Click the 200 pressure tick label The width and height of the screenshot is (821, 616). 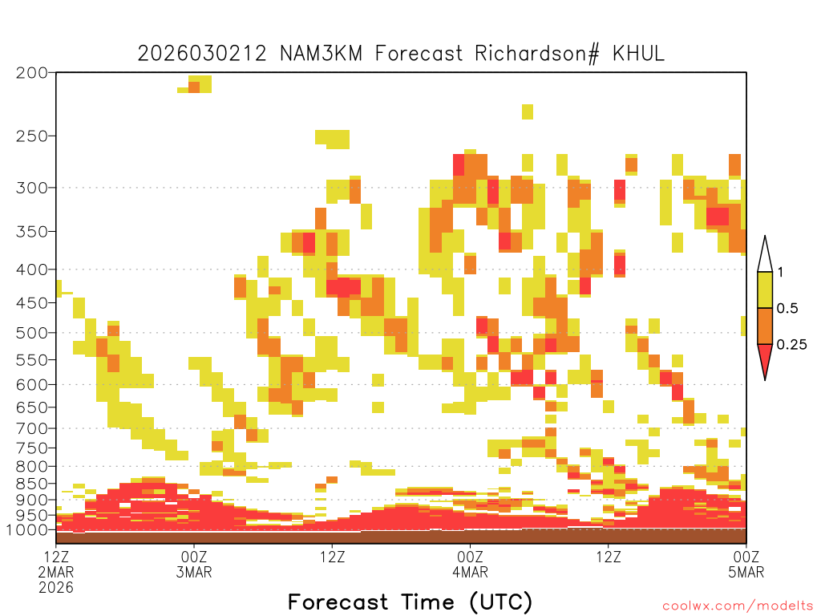(31, 72)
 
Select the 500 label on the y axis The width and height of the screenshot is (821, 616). (31, 333)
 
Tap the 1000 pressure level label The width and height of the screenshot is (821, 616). (27, 529)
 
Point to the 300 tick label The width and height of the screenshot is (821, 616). (31, 188)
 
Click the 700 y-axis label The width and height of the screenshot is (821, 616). (31, 428)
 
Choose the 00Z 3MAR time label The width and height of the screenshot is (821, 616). (194, 564)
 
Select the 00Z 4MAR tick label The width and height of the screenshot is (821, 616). (470, 564)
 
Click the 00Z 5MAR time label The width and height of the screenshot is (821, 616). (746, 564)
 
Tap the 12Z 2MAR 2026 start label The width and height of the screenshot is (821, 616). (56, 572)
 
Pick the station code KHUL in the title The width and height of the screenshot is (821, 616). (638, 54)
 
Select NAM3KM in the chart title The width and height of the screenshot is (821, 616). (321, 54)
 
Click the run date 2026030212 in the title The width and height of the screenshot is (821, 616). (202, 54)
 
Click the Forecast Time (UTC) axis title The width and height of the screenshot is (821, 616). (410, 602)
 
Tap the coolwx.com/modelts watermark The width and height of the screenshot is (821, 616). (738, 606)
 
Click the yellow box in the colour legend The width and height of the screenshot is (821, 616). (765, 290)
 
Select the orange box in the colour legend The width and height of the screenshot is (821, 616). (765, 326)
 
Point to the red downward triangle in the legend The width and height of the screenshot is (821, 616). (765, 359)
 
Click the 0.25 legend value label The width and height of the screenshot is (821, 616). (791, 344)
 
